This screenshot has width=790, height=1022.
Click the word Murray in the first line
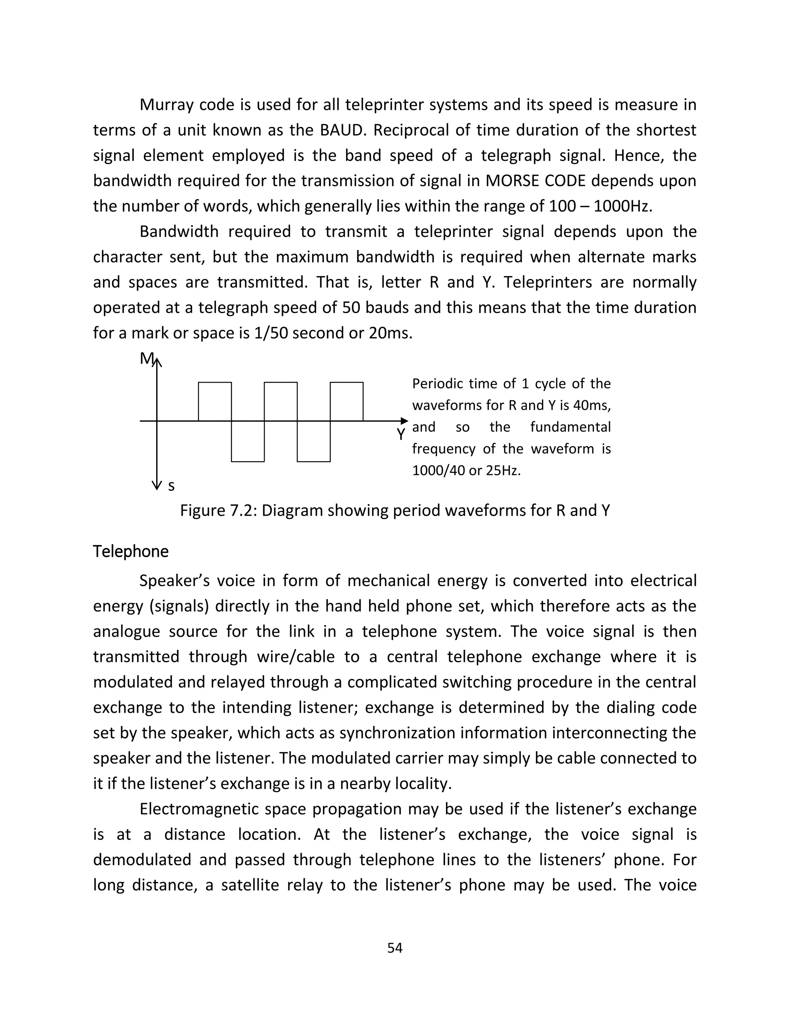(167, 105)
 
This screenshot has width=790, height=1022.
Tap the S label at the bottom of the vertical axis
(171, 487)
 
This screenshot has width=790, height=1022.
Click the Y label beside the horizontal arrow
(401, 434)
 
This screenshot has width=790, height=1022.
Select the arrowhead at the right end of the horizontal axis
(404, 421)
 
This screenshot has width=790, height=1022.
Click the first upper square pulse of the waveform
(215, 401)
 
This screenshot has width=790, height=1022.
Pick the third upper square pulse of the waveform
(346, 401)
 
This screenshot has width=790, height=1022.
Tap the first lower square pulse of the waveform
(248, 441)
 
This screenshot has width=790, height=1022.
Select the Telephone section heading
(131, 552)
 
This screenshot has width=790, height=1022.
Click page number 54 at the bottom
(395, 948)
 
